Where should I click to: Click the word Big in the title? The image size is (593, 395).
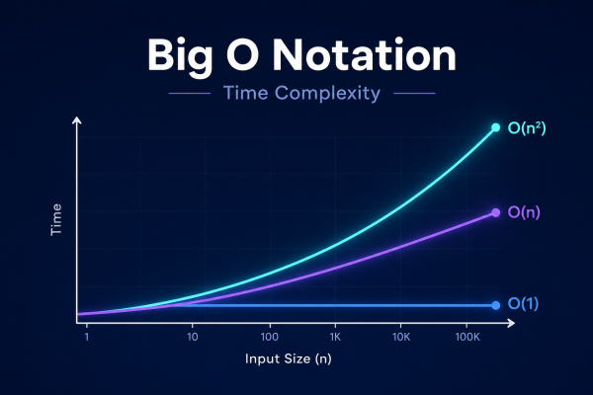coord(180,56)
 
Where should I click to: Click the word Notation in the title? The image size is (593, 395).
coord(364,55)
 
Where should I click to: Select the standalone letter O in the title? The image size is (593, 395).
coord(242,55)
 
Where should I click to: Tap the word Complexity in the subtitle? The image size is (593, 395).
coord(327,94)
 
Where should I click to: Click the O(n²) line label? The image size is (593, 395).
coord(527,128)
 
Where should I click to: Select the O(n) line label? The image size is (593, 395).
coord(524,212)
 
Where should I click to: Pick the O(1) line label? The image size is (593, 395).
coord(523,303)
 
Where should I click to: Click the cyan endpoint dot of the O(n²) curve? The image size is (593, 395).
coord(495,127)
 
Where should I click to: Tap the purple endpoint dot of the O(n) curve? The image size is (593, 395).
coord(495,213)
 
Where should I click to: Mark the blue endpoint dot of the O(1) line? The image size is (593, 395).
coord(495,305)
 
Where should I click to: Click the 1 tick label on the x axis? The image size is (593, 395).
coord(87,337)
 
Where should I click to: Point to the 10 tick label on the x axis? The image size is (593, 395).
coord(193,337)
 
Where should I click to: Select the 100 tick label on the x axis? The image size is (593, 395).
coord(270,337)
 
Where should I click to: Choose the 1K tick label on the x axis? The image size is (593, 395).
coord(335,337)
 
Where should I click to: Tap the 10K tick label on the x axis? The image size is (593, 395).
coord(401,337)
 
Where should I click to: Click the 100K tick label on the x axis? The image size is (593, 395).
coord(467,337)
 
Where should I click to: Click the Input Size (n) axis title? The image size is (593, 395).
coord(289,358)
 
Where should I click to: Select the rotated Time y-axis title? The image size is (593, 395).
coord(56,219)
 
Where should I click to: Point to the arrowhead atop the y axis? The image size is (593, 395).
coord(77,120)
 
